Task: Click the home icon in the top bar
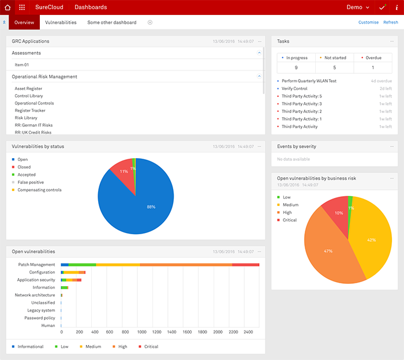click(8, 7)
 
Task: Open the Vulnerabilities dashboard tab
click(61, 22)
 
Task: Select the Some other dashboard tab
click(112, 22)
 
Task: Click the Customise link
click(368, 22)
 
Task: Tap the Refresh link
click(390, 22)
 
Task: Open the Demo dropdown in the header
click(358, 7)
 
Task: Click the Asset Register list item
click(29, 89)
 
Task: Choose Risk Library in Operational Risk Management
click(27, 118)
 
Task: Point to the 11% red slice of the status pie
click(122, 171)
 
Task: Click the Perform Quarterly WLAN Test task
click(309, 81)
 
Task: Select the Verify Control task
click(294, 89)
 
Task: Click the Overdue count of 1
click(372, 67)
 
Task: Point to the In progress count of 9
click(297, 67)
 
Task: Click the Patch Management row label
click(36, 265)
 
